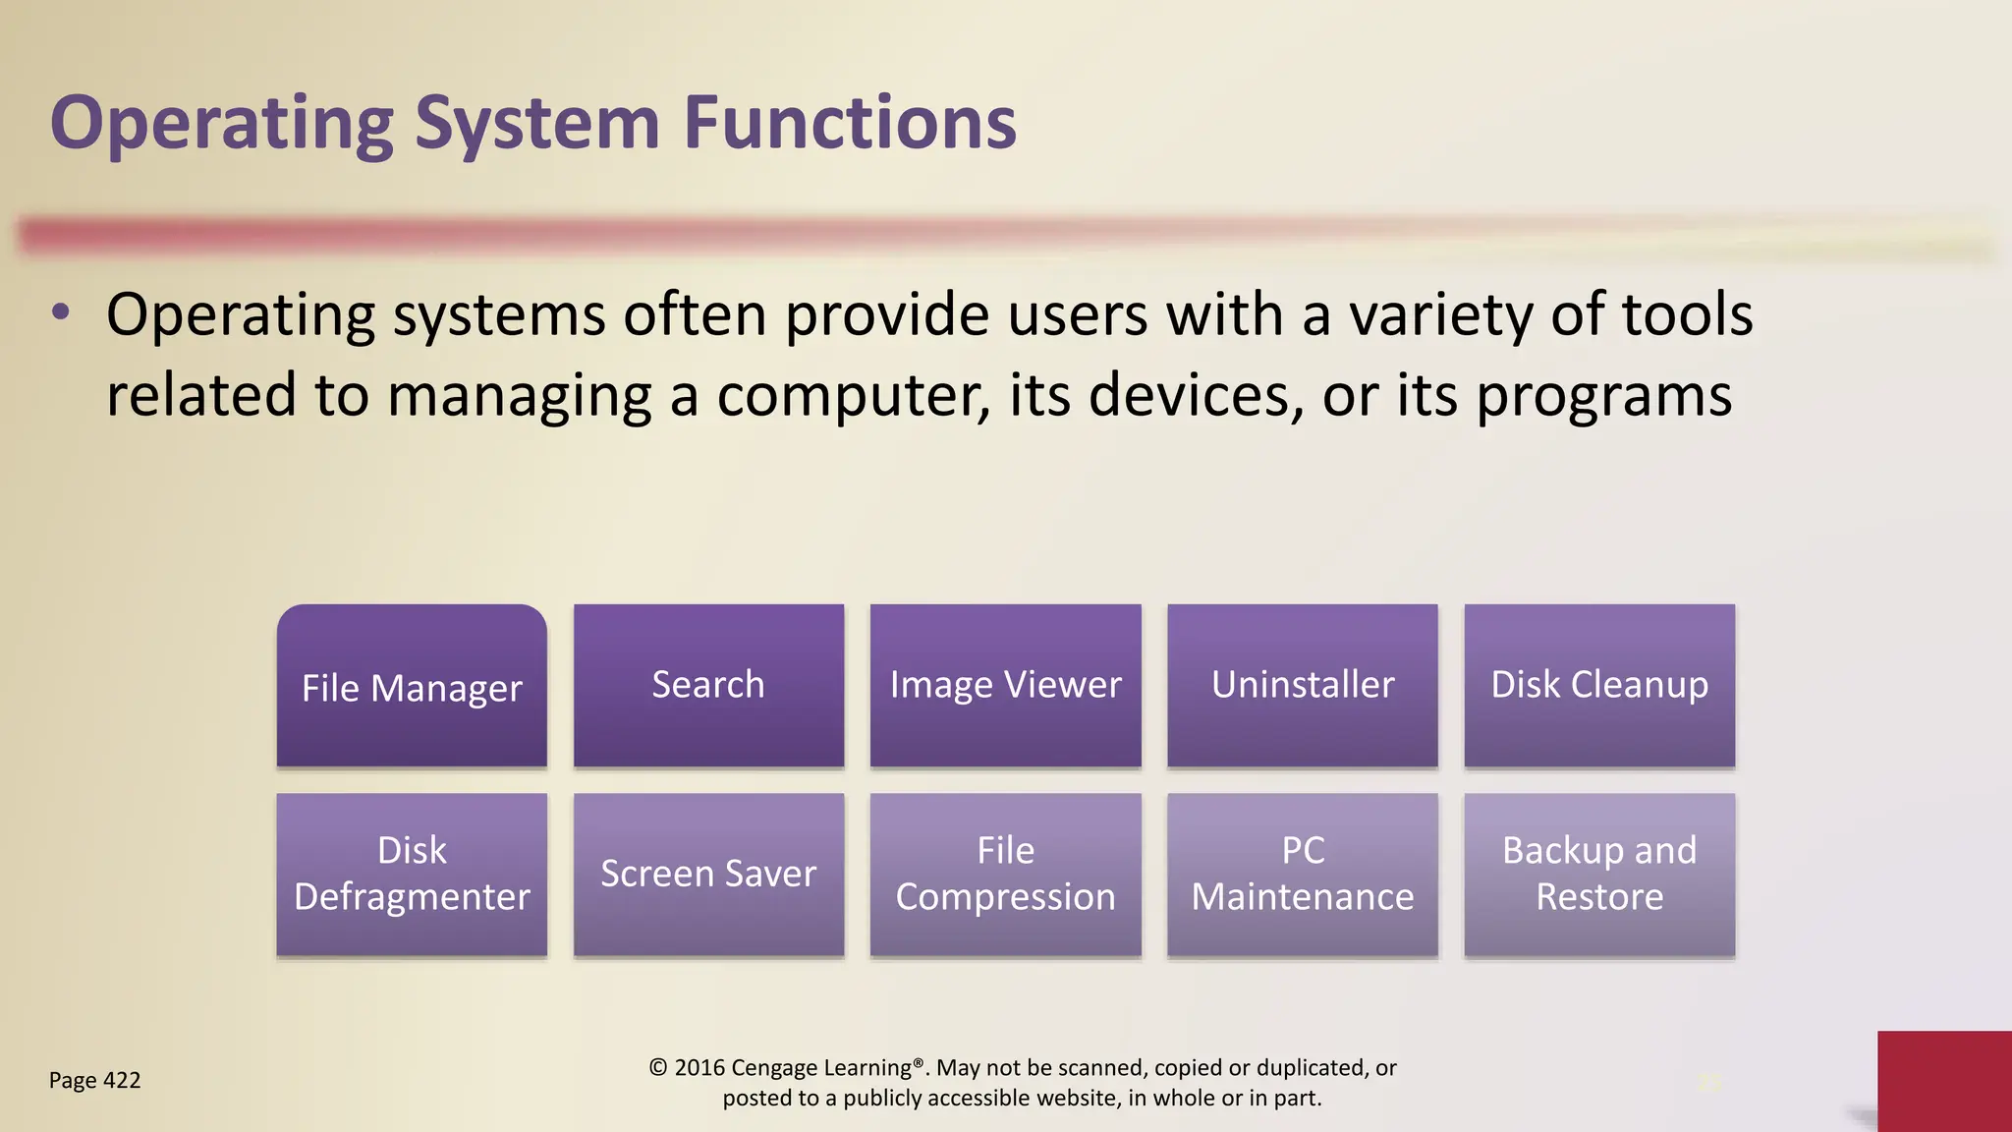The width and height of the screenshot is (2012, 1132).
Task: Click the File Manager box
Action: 412,686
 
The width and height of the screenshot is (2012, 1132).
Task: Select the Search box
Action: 708,685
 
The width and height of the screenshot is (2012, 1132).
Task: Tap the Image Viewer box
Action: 1005,685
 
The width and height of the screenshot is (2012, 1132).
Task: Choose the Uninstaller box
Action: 1302,685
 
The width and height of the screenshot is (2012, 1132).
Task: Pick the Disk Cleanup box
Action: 1598,685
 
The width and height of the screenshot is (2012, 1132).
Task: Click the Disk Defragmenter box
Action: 412,874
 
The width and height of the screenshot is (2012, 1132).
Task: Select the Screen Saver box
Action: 708,874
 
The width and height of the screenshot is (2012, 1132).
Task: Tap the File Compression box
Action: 1005,874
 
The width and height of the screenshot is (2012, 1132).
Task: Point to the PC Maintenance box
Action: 1302,874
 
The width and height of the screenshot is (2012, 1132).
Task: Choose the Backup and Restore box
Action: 1598,874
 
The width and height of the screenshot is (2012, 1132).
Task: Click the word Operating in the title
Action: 221,125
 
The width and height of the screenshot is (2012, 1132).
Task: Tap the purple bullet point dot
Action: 61,313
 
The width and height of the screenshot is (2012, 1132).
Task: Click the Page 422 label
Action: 94,1081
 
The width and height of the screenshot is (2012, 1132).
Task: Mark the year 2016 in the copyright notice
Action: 699,1068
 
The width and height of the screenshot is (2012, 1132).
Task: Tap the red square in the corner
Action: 1943,1081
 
